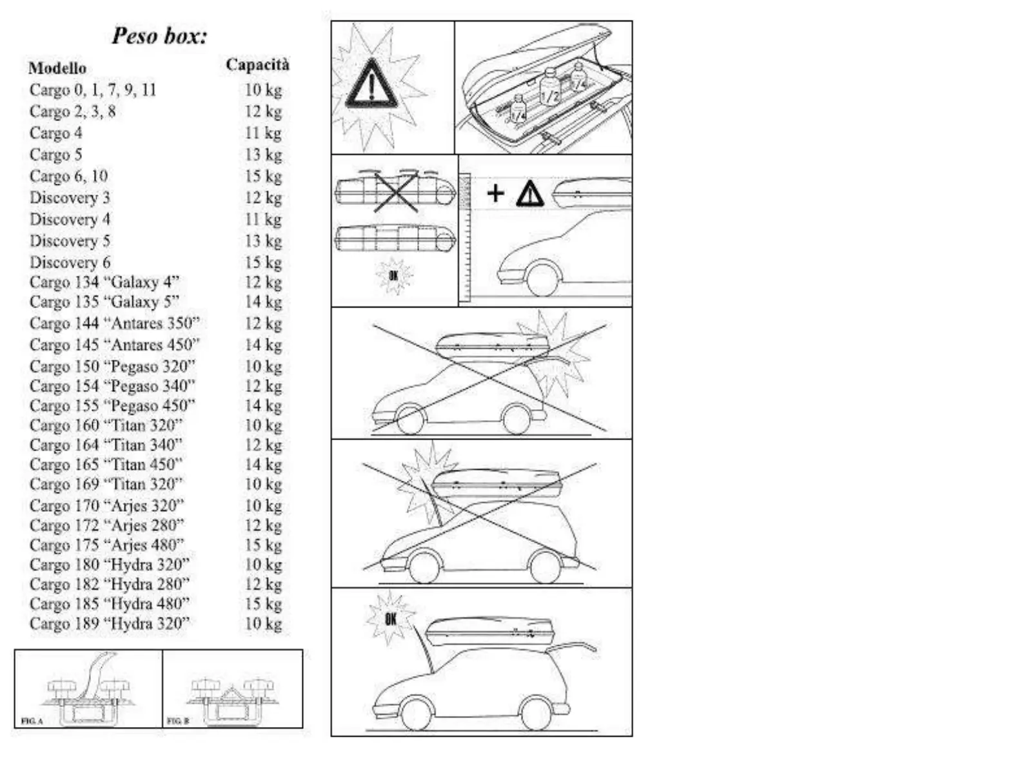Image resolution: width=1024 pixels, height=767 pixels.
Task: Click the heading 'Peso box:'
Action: point(159,35)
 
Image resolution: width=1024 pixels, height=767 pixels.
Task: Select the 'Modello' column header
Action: point(57,68)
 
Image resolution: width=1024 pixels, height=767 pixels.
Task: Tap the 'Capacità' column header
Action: point(257,64)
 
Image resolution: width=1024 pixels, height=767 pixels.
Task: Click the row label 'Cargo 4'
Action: point(55,133)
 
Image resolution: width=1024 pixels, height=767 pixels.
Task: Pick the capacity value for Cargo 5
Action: point(263,155)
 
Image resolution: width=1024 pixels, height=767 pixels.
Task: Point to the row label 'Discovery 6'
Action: point(70,262)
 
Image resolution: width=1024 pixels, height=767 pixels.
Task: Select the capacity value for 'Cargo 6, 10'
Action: point(263,176)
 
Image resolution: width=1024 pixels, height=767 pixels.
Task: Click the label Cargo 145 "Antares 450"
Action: point(115,345)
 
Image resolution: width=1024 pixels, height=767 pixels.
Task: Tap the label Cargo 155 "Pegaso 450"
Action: point(112,405)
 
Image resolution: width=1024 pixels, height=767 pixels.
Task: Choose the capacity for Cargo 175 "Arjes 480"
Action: point(263,545)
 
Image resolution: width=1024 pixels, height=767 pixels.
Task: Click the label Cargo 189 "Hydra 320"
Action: point(110,623)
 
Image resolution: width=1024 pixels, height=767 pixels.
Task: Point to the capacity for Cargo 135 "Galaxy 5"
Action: point(263,302)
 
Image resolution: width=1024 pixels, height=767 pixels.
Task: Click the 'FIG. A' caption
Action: point(32,721)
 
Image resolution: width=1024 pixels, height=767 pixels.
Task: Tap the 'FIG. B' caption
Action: point(177,721)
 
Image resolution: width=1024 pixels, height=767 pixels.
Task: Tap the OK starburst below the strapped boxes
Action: point(393,276)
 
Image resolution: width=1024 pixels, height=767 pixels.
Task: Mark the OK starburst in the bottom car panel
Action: point(390,619)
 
